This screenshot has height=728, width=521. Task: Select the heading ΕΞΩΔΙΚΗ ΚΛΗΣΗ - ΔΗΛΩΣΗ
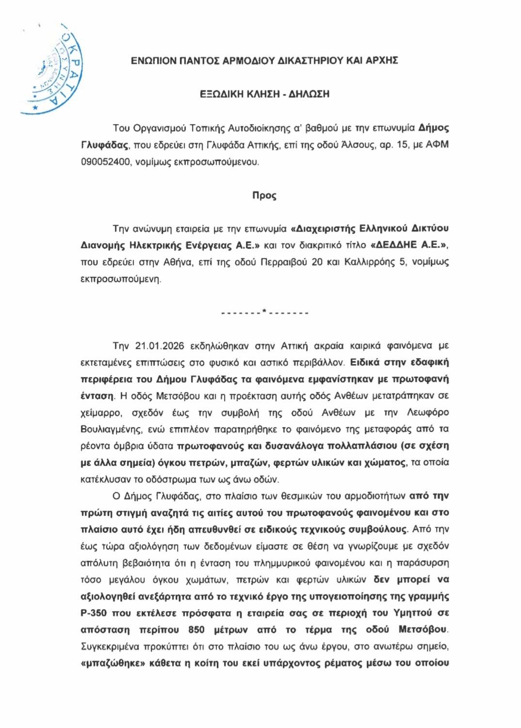click(x=264, y=94)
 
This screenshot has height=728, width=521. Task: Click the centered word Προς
click(x=264, y=196)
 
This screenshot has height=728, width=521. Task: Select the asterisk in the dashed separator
click(x=264, y=311)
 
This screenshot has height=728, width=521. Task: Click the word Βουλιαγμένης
click(x=112, y=429)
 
